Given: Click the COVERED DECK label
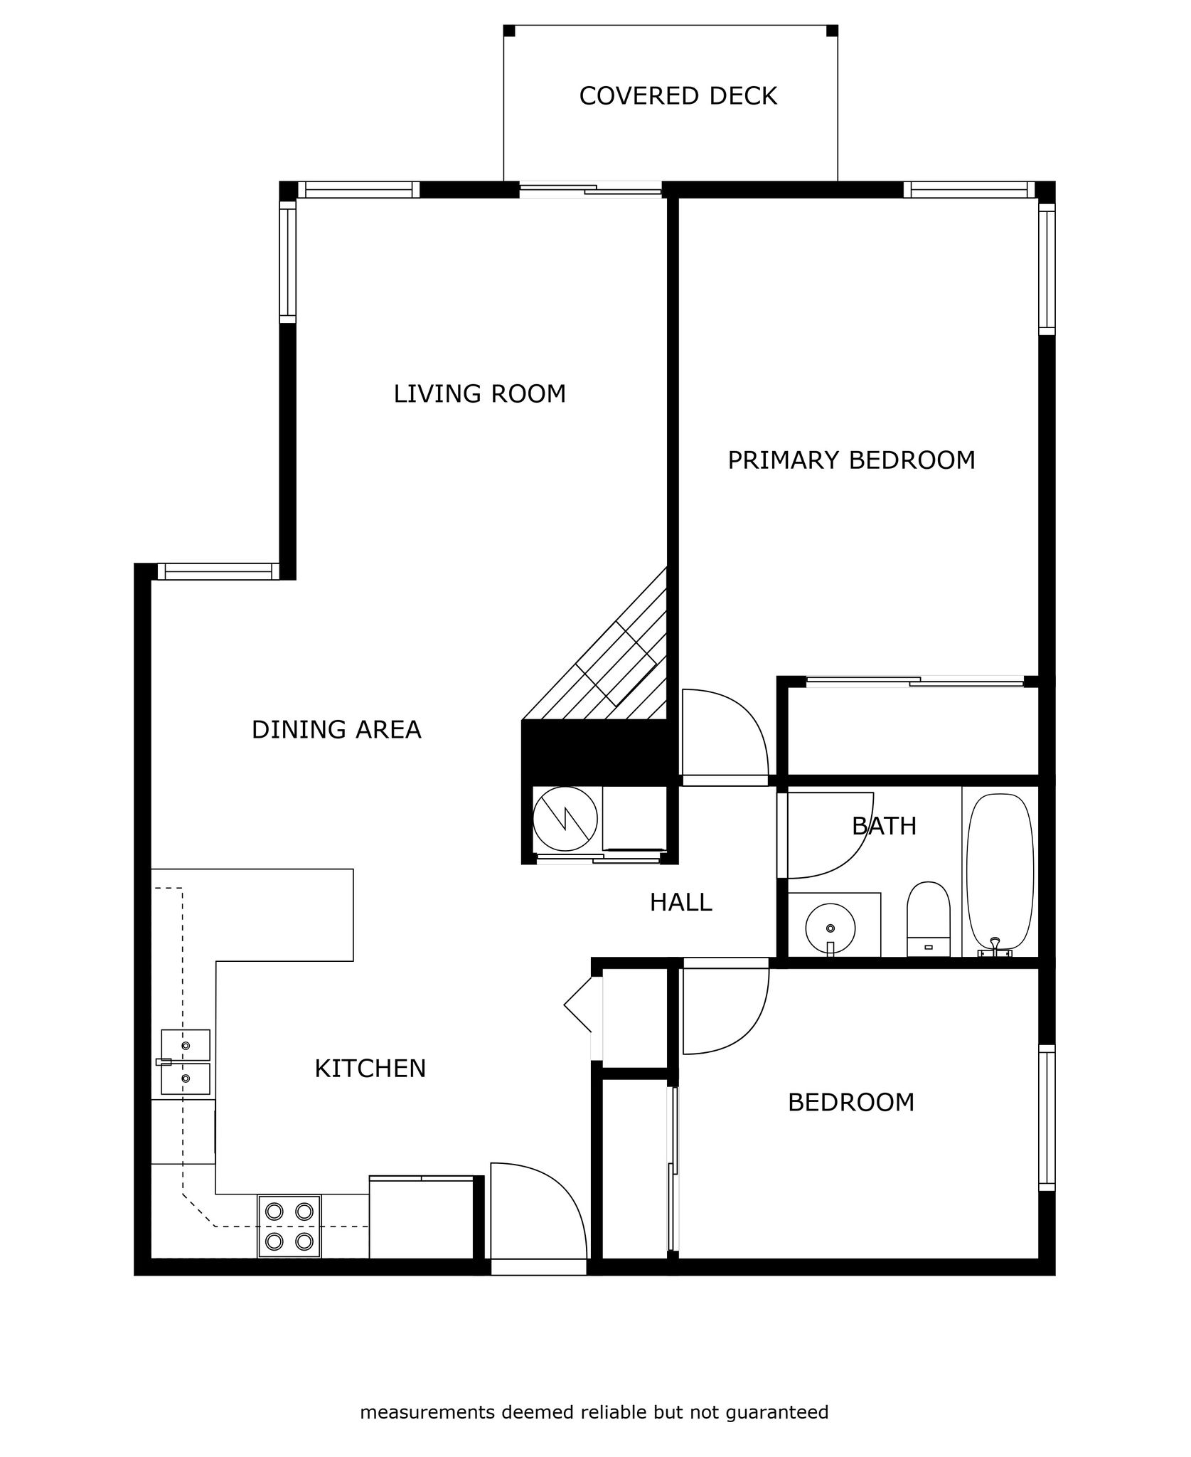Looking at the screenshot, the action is point(678,96).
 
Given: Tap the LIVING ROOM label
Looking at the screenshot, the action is point(480,393).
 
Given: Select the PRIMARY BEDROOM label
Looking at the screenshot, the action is point(851,460).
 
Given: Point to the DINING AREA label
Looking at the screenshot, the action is point(336,729).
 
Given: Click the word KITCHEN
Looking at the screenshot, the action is point(370,1068).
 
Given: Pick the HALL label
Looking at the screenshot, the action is point(680,902).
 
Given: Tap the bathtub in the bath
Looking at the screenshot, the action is point(1000,875).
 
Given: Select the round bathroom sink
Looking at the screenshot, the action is point(830,928).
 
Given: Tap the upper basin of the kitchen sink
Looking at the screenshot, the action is point(186,1045).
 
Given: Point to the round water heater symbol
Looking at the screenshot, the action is point(566,819).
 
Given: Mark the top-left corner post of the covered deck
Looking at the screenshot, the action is point(509,31).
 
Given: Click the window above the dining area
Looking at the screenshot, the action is point(215,571).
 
